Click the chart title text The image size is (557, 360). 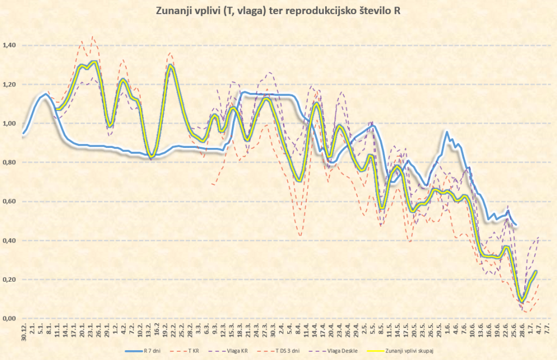coord(278,11)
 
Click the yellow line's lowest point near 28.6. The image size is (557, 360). coord(522,300)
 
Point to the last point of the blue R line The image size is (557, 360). coord(516,225)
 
